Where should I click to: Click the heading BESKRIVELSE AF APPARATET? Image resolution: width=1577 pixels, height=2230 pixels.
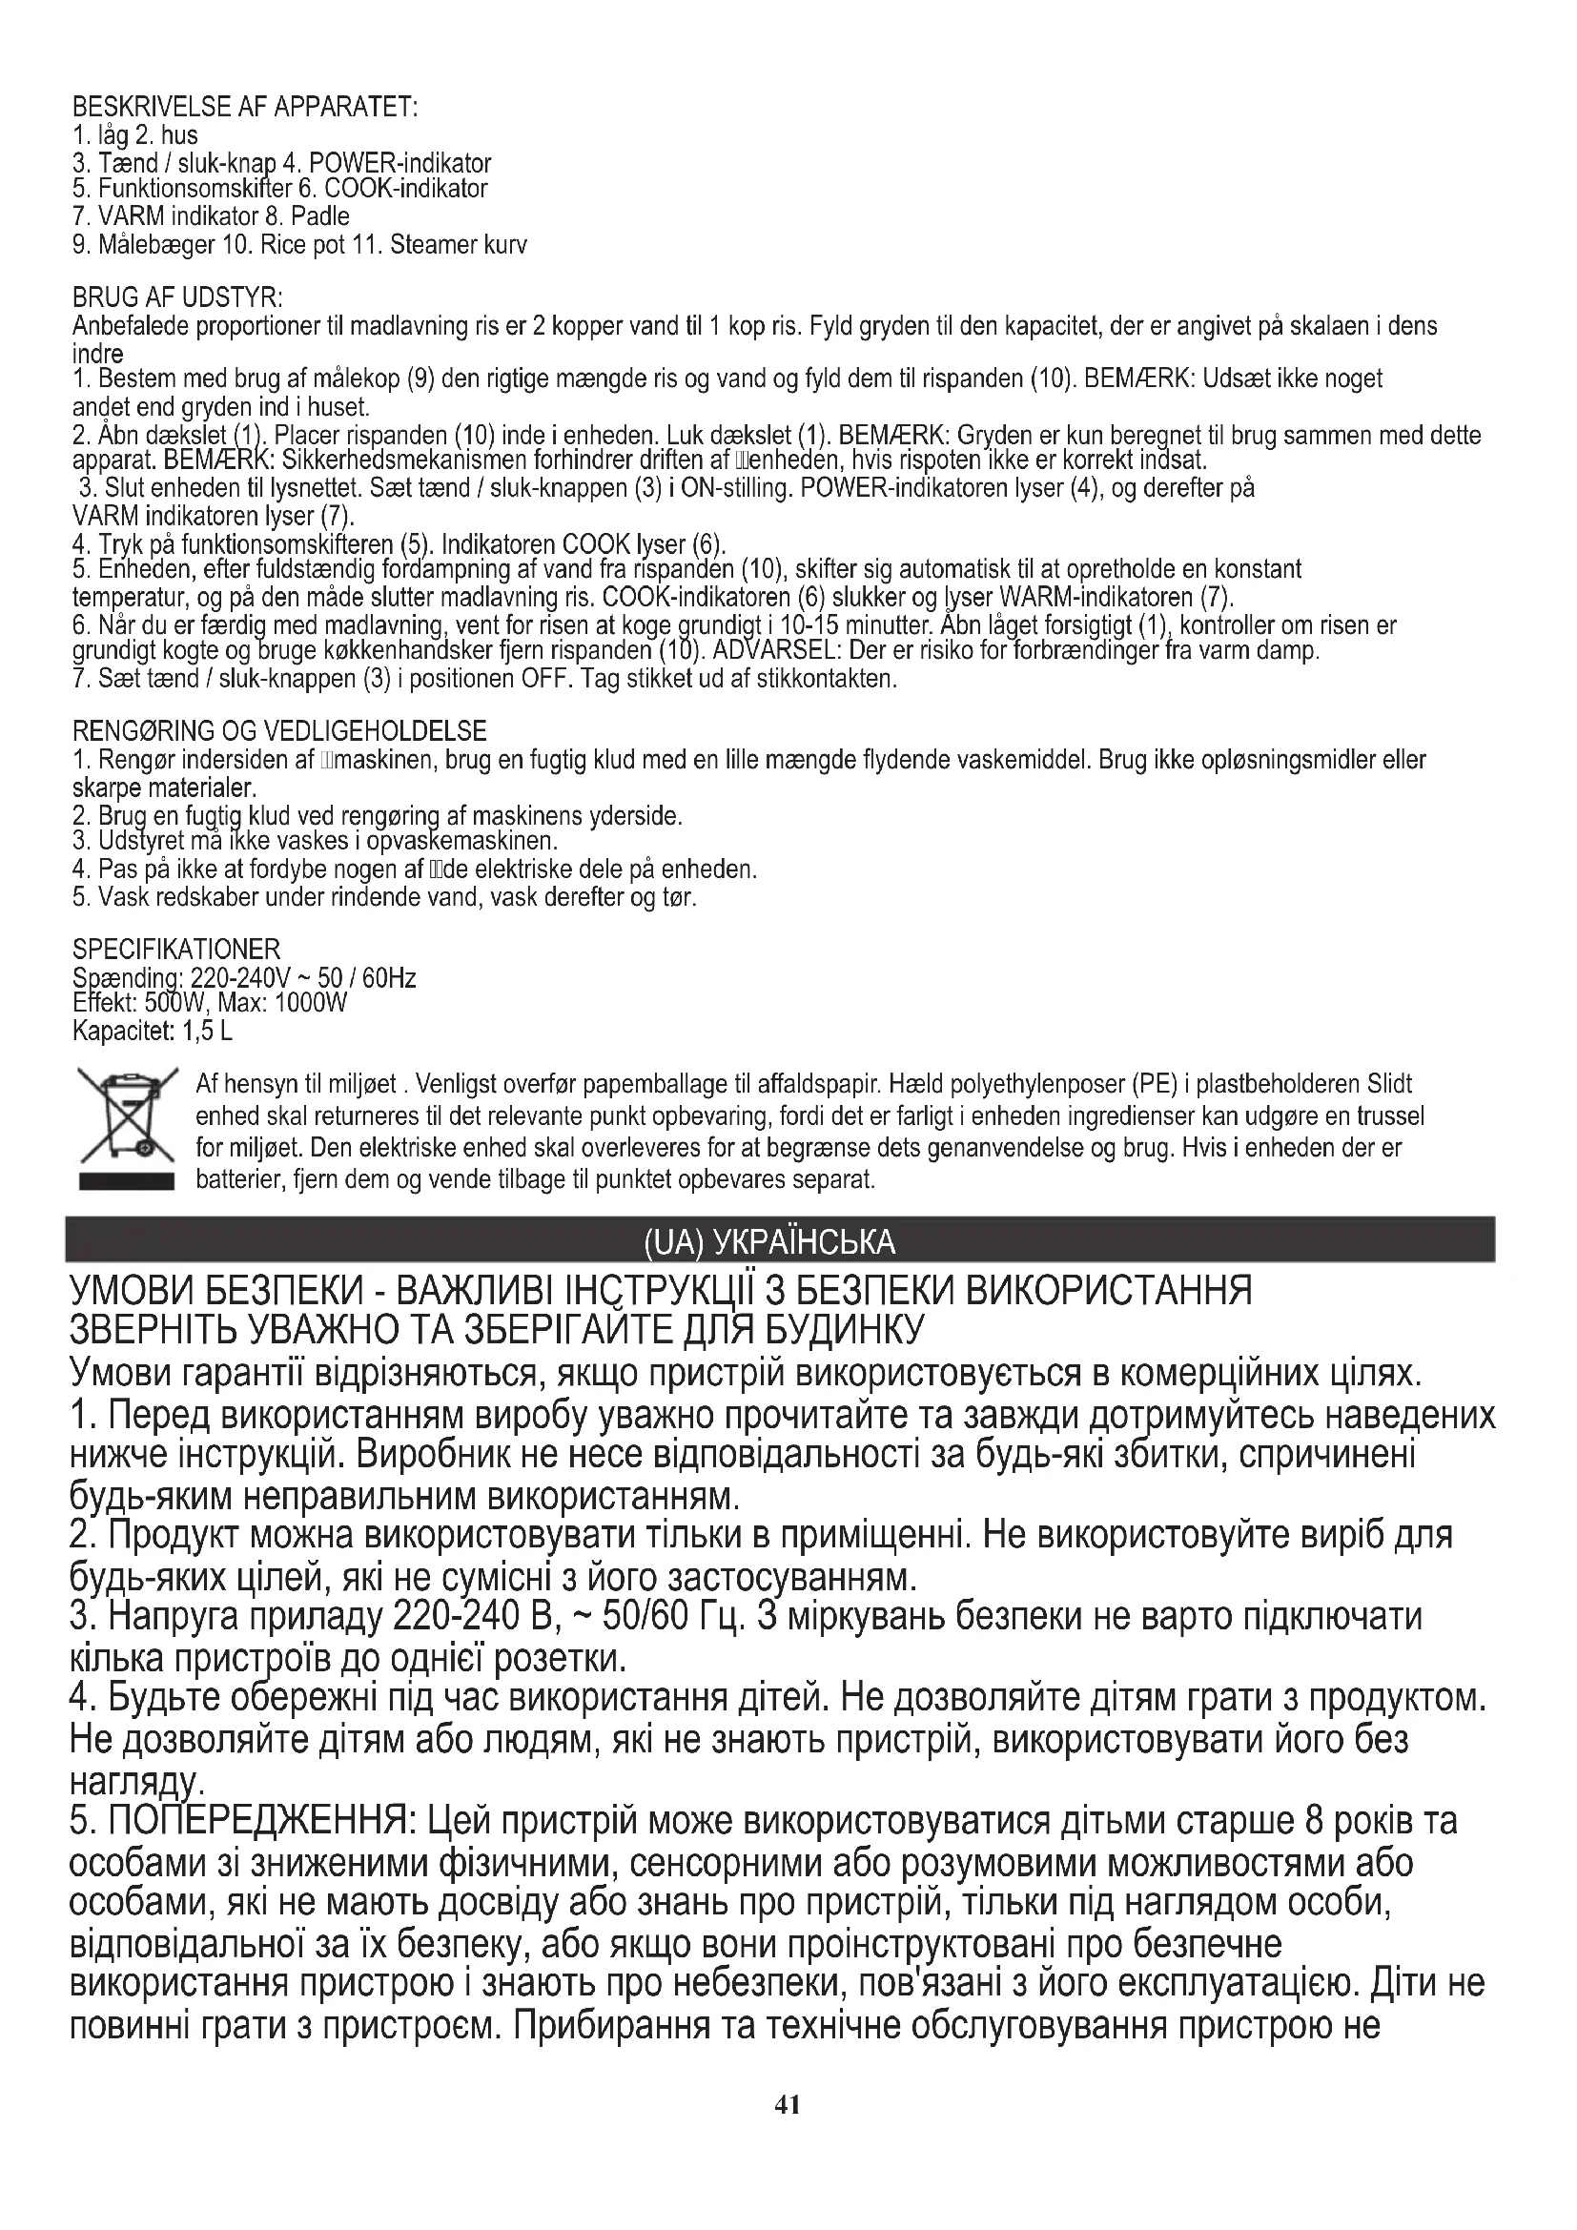245,107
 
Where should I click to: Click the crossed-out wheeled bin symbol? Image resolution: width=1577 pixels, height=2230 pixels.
126,1118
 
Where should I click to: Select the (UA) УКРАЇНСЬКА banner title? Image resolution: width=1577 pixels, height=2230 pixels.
769,1241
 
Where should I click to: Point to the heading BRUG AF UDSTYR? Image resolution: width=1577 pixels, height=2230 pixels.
177,297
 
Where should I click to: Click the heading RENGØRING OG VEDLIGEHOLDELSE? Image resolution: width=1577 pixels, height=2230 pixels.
279,730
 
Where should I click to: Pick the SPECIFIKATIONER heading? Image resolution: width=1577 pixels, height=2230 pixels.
176,948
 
